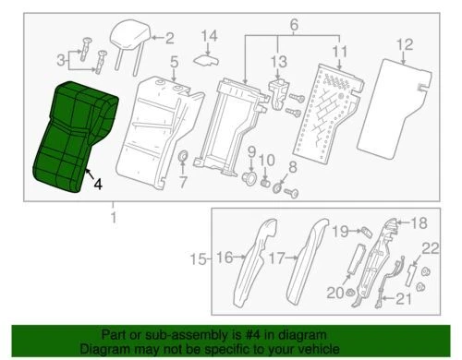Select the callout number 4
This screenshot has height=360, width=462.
[98, 184]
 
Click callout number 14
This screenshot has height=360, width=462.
[210, 37]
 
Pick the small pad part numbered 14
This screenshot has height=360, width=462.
[205, 57]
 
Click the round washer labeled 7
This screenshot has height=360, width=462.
[183, 153]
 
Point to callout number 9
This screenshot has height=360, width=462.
[250, 150]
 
